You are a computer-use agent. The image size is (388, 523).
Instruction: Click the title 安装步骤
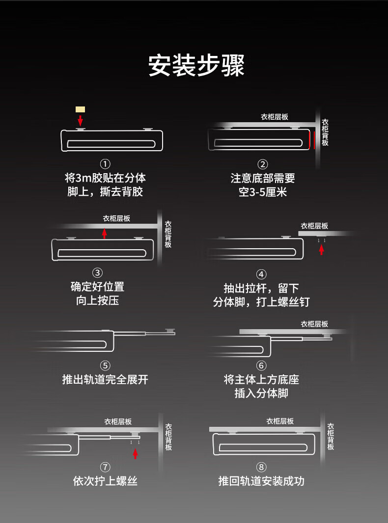(x=196, y=65)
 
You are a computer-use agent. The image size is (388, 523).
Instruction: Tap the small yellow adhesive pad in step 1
(x=80, y=109)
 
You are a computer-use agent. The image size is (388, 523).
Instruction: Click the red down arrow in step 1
(x=80, y=120)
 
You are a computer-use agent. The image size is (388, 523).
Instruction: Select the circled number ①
(x=105, y=164)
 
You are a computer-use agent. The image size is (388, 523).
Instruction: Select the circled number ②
(x=263, y=164)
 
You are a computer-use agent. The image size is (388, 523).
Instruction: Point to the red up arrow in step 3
(x=104, y=233)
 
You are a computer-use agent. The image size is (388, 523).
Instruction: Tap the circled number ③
(x=98, y=273)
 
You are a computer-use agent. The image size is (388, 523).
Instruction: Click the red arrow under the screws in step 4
(x=322, y=249)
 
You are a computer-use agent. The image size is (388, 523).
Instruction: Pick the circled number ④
(x=261, y=274)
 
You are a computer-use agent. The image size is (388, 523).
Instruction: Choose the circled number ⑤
(x=105, y=366)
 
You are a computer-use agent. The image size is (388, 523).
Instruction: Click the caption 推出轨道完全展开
(x=105, y=380)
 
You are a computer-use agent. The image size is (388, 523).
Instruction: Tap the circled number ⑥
(x=261, y=366)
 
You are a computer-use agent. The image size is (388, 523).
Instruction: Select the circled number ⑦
(x=105, y=467)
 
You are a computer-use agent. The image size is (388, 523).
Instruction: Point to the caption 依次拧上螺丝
(x=105, y=481)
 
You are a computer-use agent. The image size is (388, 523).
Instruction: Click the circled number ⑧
(x=261, y=467)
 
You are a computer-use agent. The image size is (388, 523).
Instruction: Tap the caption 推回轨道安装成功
(x=261, y=481)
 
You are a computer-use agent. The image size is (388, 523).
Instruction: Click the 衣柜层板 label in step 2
(x=274, y=117)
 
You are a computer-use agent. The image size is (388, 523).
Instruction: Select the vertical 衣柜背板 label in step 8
(x=331, y=437)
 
